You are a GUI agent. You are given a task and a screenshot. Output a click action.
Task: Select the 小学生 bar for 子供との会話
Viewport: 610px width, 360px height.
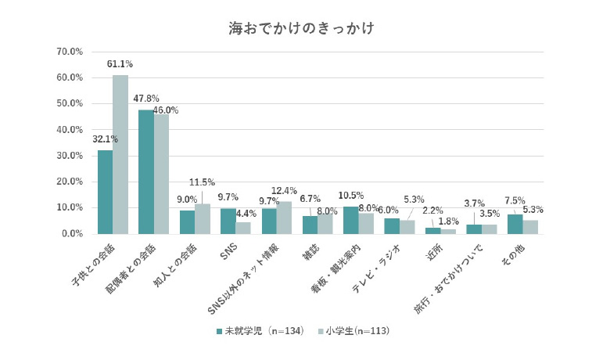coord(120,155)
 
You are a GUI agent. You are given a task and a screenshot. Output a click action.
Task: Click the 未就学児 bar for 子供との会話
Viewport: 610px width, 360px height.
coord(105,192)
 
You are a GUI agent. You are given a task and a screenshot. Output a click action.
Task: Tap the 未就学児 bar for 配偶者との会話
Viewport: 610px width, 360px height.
coord(146,172)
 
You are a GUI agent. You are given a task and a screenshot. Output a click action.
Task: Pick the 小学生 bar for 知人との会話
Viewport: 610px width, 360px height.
coord(202,219)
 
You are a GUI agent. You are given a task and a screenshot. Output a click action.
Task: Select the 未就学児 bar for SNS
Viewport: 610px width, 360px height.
coord(228,221)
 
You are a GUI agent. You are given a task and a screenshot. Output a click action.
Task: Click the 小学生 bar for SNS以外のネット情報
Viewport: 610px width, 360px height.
coord(284,218)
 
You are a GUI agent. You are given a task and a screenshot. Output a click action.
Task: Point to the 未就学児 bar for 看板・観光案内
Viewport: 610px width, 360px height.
coord(350,221)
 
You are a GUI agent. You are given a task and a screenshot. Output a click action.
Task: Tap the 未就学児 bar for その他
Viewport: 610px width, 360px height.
coord(515,224)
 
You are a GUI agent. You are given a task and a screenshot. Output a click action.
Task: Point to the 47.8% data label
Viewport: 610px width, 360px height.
coord(146,99)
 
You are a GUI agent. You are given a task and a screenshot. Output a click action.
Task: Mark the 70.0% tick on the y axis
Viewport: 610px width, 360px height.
coord(70,52)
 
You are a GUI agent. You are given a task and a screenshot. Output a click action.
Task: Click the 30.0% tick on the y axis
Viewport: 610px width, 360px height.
coord(70,156)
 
